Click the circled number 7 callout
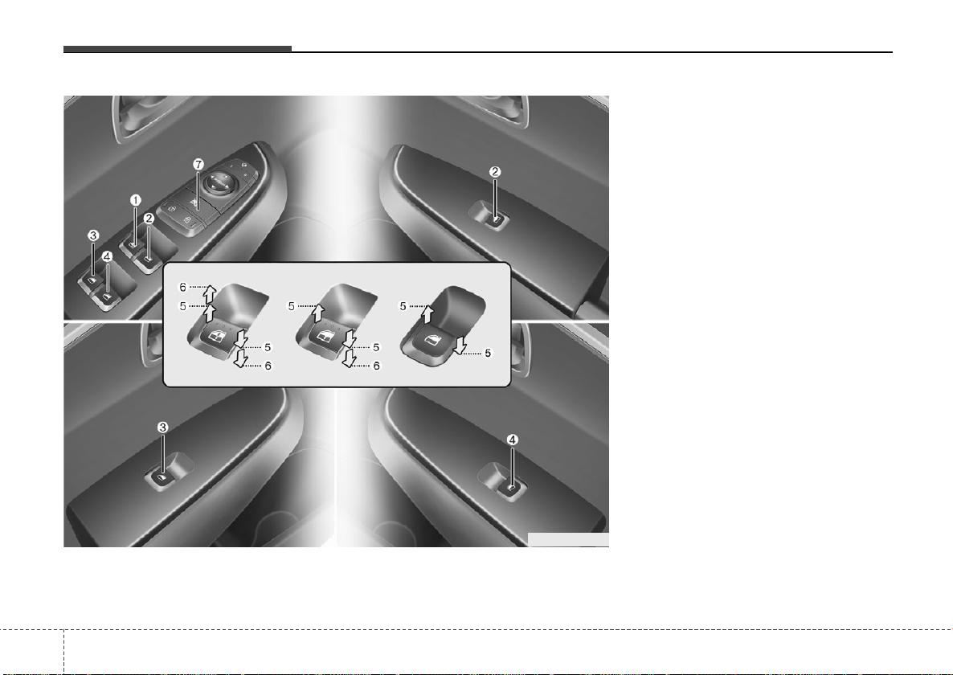tap(198, 164)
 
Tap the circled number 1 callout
tap(136, 200)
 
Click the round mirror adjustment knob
tap(219, 181)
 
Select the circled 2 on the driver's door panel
tap(149, 218)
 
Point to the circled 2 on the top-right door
tap(495, 171)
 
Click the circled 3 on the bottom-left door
tap(163, 427)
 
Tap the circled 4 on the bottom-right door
tap(513, 440)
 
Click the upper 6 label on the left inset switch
tap(182, 287)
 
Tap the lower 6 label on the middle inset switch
tap(376, 366)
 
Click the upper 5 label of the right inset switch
tap(403, 306)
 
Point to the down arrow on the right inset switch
tap(460, 345)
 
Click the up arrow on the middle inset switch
tap(317, 313)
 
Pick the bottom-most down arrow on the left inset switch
tap(241, 358)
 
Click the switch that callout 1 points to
tap(132, 244)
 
